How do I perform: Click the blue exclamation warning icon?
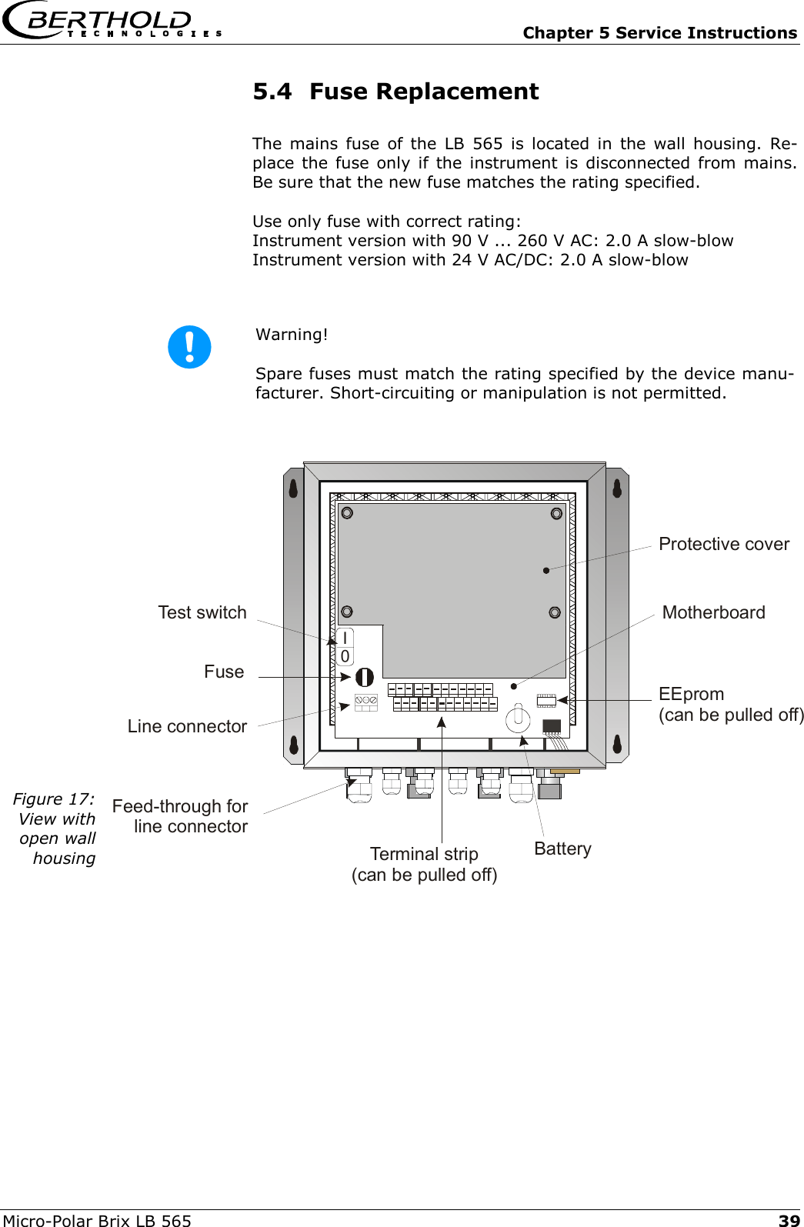click(x=189, y=347)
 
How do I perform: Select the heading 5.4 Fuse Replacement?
click(x=395, y=92)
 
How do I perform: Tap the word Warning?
click(x=292, y=335)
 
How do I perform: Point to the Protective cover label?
click(x=723, y=544)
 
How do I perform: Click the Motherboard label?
click(x=713, y=612)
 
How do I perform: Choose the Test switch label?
click(x=202, y=612)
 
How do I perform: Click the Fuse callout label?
click(x=224, y=672)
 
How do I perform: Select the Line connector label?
click(x=187, y=726)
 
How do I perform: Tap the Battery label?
click(x=562, y=849)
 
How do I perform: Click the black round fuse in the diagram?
click(x=364, y=677)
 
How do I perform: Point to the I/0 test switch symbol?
click(x=345, y=647)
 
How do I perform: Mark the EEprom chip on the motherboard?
click(x=545, y=700)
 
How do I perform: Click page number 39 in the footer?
click(x=789, y=1220)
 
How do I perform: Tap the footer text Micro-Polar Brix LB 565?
click(x=97, y=1220)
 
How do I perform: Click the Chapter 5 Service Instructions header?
click(x=659, y=33)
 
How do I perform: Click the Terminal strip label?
click(x=424, y=864)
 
